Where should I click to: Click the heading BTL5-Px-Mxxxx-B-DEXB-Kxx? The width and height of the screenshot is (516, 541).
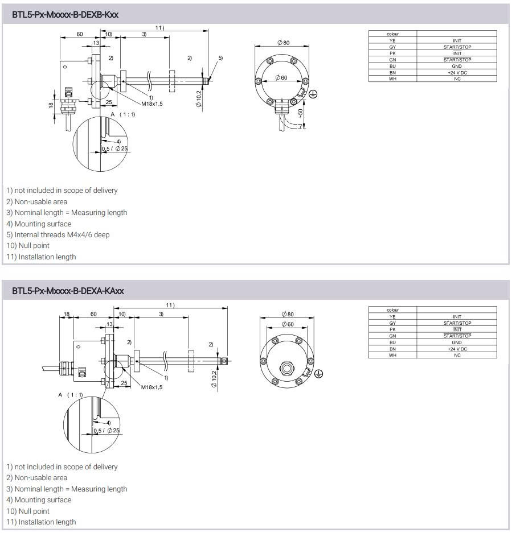click(x=65, y=14)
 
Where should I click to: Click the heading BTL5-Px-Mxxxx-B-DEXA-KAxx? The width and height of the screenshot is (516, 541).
click(x=68, y=291)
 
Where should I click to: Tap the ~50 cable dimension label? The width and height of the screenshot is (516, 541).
click(x=301, y=114)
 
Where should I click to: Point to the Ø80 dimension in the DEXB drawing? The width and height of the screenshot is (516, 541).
click(x=283, y=43)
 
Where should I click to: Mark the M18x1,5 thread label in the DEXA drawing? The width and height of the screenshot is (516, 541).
click(x=151, y=387)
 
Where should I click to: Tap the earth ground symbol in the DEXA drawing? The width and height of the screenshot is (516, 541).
click(x=319, y=373)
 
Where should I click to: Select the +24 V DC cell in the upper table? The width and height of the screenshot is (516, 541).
click(x=457, y=72)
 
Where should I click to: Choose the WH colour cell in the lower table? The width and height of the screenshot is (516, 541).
click(x=392, y=356)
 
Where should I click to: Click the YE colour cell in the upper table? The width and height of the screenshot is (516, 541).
click(x=392, y=41)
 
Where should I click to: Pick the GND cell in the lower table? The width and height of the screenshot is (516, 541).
click(x=457, y=342)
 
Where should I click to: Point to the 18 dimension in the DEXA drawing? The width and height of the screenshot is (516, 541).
click(x=67, y=313)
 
